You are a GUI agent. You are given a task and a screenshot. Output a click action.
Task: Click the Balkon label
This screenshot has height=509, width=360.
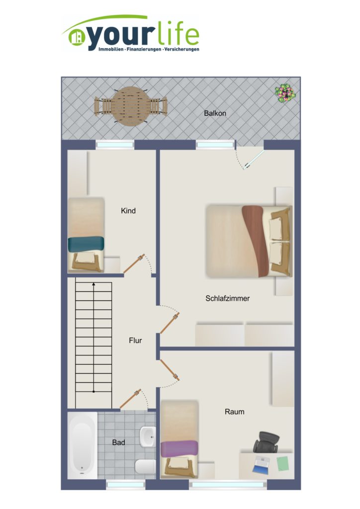(215, 113)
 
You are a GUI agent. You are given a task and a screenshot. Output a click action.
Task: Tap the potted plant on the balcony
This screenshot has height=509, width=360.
(285, 93)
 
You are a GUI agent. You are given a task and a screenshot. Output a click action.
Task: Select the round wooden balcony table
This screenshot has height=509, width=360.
(131, 106)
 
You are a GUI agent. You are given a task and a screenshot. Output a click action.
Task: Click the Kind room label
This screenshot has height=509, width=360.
(128, 211)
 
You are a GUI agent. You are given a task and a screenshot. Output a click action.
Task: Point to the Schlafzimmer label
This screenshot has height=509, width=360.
(228, 298)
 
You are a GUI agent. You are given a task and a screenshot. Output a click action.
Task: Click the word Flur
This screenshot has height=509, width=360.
(135, 340)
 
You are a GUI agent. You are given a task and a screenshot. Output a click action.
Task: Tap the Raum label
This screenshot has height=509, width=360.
(234, 412)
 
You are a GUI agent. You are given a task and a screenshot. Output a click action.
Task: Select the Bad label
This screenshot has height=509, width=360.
(118, 442)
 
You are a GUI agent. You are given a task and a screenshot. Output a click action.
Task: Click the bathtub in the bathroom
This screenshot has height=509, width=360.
(83, 445)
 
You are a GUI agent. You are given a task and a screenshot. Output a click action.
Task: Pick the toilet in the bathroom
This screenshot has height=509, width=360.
(145, 466)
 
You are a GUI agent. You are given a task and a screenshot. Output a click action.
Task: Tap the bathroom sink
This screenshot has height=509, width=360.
(148, 436)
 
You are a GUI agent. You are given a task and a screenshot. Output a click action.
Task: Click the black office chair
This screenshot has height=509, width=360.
(267, 442)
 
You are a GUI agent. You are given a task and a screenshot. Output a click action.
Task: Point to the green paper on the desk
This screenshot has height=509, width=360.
(283, 464)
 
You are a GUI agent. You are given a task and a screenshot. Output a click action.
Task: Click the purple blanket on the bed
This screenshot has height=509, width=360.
(179, 449)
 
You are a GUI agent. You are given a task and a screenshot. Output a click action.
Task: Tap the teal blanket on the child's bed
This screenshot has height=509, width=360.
(86, 244)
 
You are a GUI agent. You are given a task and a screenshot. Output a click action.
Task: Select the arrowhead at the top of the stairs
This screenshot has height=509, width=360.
(94, 284)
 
